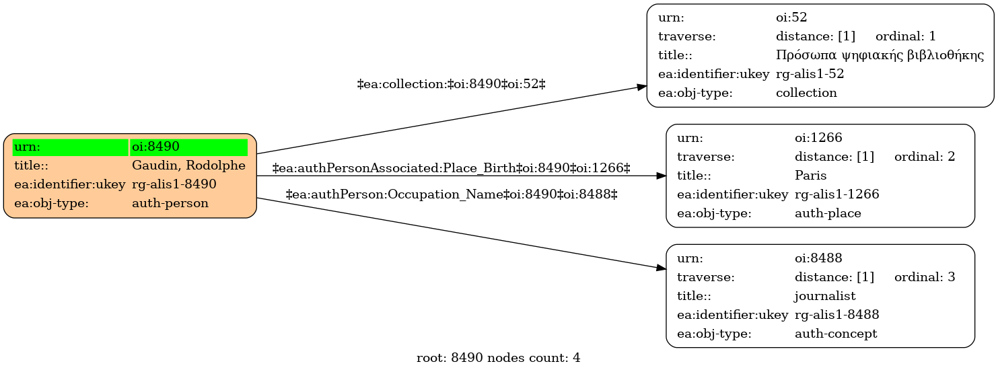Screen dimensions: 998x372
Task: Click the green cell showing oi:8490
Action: (188, 147)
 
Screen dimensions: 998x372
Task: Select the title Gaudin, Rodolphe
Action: (188, 165)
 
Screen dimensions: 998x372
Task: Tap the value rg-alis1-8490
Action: (174, 184)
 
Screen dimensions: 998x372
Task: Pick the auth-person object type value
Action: (170, 203)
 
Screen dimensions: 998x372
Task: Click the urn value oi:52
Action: (791, 17)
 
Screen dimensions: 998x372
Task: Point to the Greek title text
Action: (880, 55)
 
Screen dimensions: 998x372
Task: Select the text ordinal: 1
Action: (906, 36)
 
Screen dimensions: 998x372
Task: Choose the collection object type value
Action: (806, 93)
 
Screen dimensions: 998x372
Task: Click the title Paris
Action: (810, 176)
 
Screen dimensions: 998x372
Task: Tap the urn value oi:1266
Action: (818, 138)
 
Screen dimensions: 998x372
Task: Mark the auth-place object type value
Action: (828, 213)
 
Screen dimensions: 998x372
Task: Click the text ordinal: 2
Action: (925, 157)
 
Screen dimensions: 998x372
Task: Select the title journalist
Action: (825, 296)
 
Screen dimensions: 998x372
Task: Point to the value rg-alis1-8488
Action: (837, 315)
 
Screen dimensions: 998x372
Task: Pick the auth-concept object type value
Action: (836, 334)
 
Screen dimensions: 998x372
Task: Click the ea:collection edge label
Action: (452, 84)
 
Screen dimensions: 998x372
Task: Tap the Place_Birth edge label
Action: (452, 168)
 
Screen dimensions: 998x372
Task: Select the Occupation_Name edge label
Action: (452, 194)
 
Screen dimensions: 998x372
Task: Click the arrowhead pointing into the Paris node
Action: (662, 176)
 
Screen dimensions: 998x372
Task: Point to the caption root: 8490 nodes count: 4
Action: (499, 358)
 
